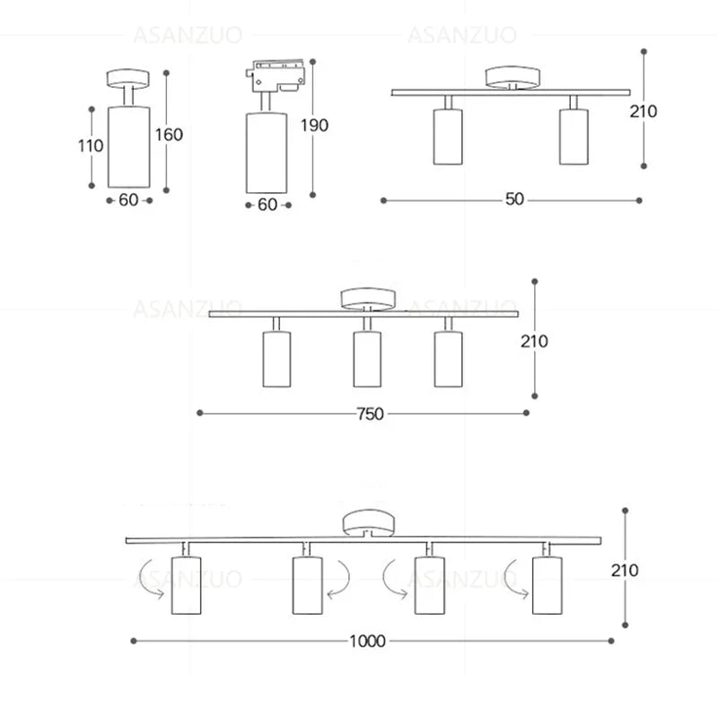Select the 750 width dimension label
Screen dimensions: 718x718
click(370, 414)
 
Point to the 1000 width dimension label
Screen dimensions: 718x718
click(367, 641)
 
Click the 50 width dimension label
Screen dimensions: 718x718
click(513, 199)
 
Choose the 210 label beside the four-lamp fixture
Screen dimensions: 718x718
click(624, 570)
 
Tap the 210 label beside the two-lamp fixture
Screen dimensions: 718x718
click(668, 111)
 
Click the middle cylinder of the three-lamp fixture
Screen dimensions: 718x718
click(364, 359)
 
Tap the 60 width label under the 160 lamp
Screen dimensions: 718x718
click(128, 200)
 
